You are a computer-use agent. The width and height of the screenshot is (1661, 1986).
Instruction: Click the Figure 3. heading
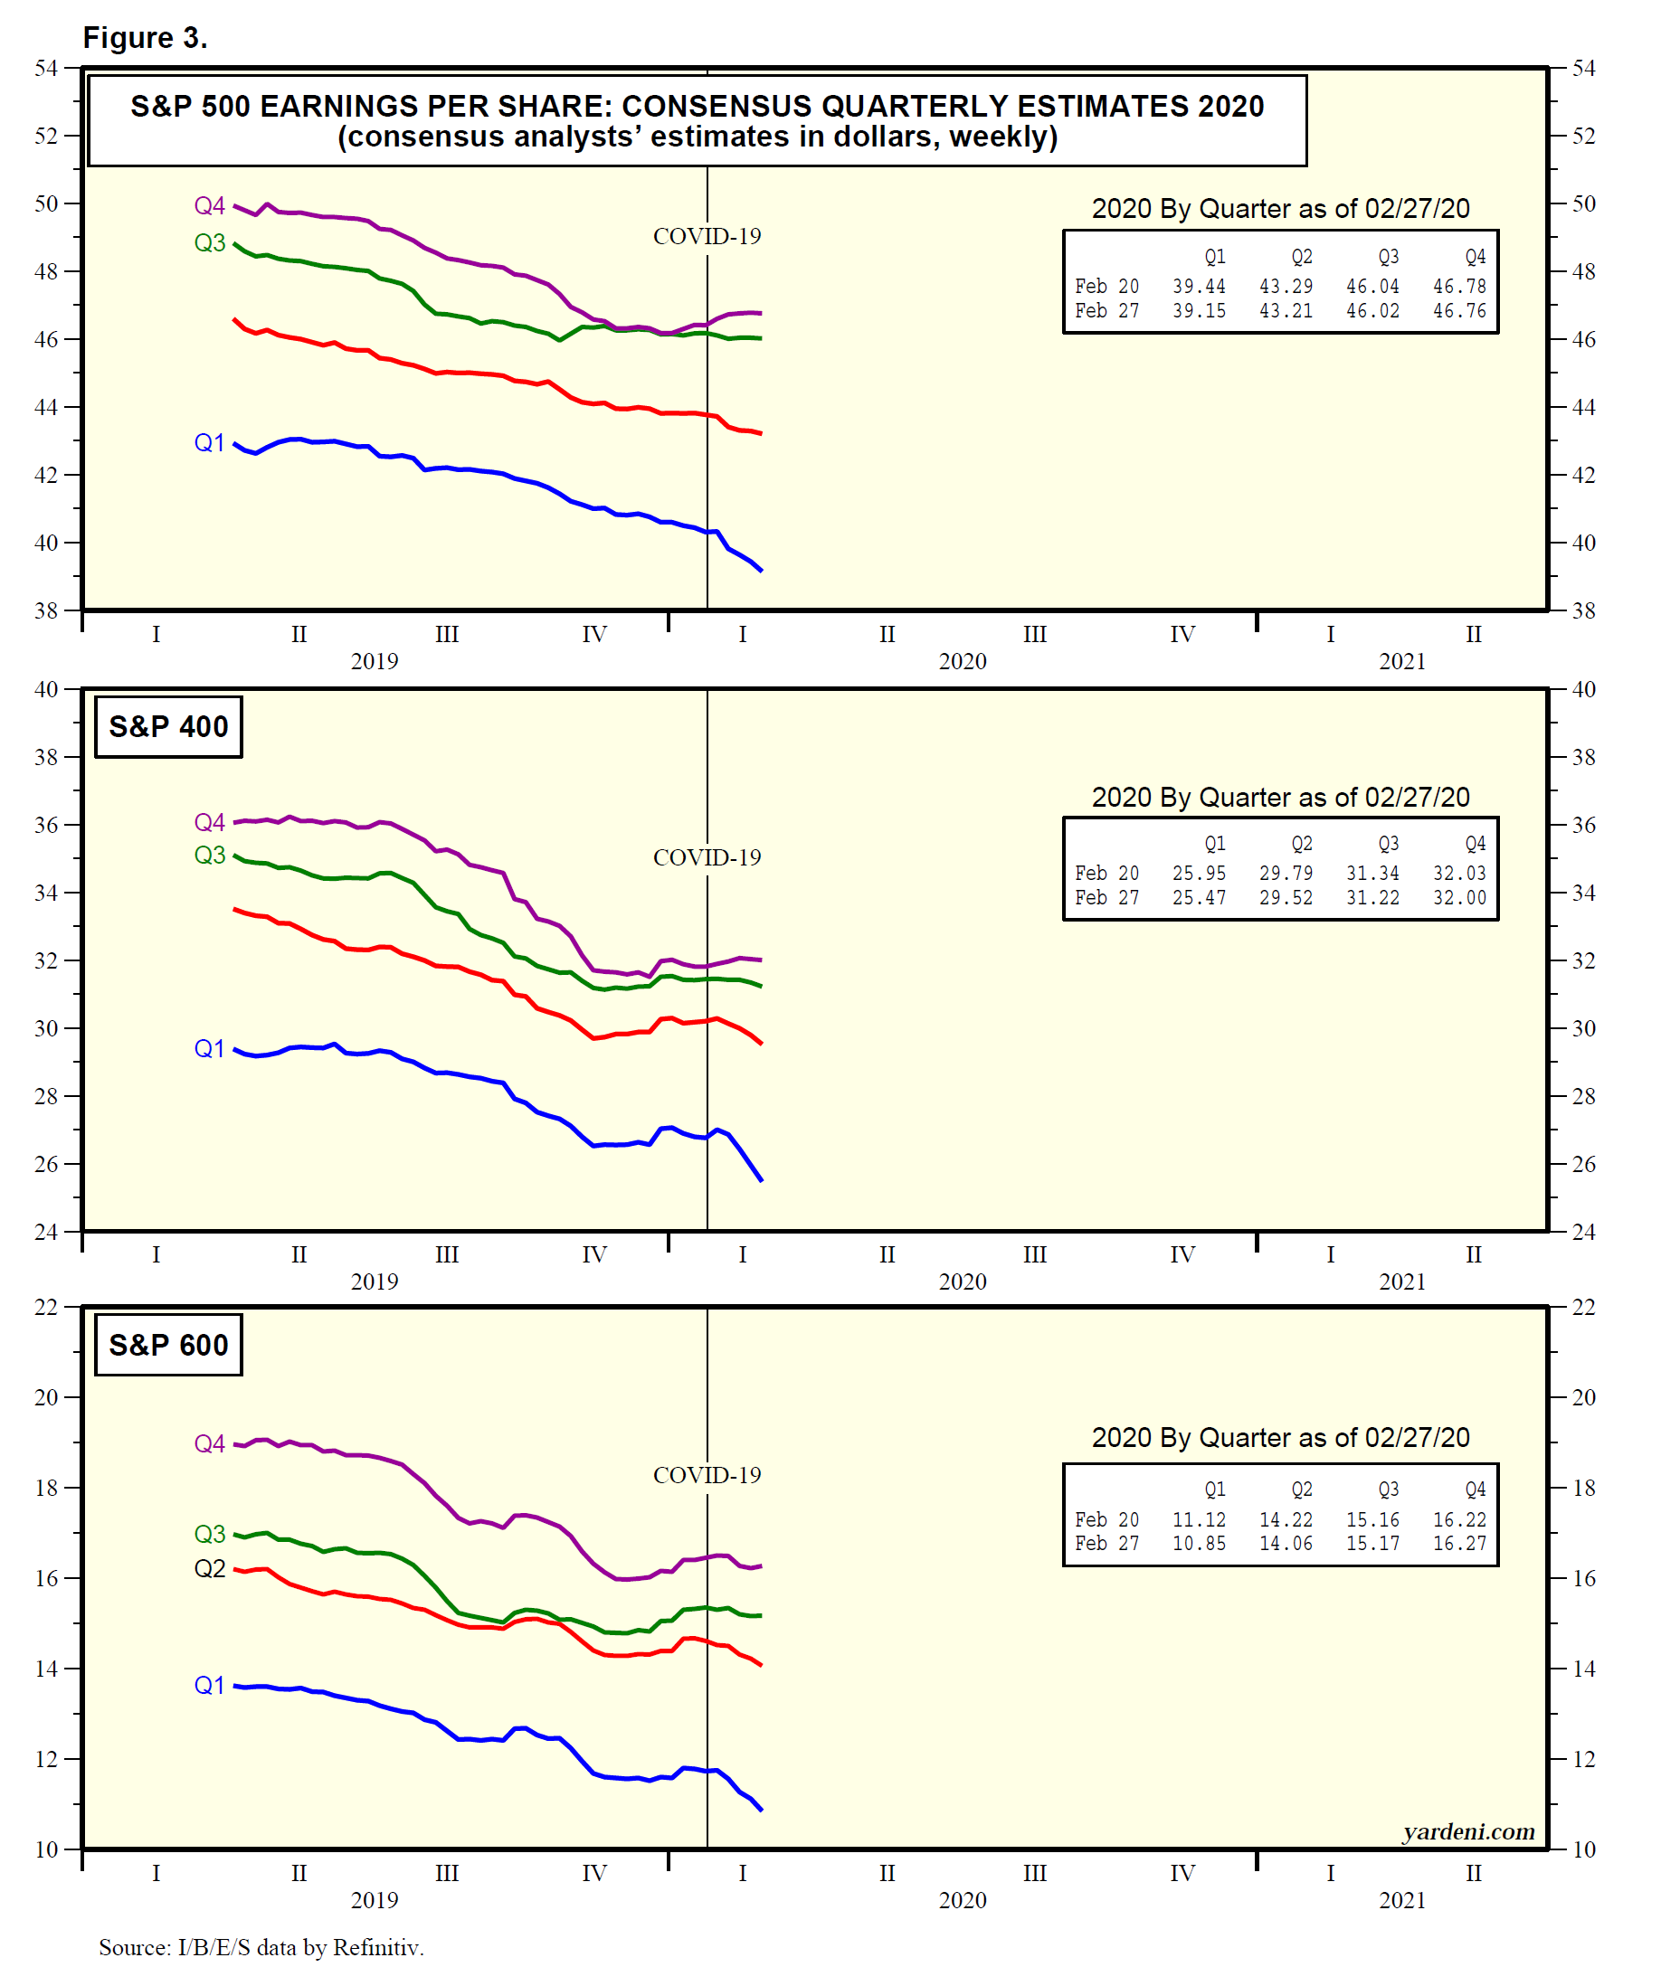145,38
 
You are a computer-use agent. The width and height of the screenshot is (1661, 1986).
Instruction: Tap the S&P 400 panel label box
168,726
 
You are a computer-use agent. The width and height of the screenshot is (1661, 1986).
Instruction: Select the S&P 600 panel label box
168,1345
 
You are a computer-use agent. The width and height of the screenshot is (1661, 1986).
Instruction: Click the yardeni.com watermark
1468,1832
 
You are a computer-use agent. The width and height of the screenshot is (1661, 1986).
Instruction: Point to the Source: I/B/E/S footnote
261,1947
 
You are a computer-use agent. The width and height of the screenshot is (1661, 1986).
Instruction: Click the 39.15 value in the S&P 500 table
1199,311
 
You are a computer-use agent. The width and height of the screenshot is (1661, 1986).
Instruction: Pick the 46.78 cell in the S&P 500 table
1458,287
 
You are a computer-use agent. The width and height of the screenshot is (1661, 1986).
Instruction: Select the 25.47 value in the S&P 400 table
1199,897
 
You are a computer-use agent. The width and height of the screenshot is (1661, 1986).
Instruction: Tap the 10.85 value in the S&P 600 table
1199,1544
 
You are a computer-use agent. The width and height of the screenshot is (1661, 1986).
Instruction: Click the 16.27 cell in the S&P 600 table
1458,1544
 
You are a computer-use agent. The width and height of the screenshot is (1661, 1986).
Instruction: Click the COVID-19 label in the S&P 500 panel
707,236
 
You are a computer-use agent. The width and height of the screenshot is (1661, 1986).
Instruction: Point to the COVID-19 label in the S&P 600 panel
707,1475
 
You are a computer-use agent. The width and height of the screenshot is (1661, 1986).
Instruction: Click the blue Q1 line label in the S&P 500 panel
209,442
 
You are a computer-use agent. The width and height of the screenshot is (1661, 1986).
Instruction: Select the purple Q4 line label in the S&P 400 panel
209,822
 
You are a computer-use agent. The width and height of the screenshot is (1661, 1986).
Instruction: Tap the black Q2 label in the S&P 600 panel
209,1569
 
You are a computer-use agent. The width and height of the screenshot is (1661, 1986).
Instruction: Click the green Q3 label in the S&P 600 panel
209,1534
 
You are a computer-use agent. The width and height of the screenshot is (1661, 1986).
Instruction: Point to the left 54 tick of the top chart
46,68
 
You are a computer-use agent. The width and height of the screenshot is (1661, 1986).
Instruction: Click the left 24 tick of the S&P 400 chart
46,1232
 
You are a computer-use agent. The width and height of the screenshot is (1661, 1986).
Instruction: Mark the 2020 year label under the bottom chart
962,1900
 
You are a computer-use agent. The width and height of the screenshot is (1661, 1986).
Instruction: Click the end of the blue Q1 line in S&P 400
762,1180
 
